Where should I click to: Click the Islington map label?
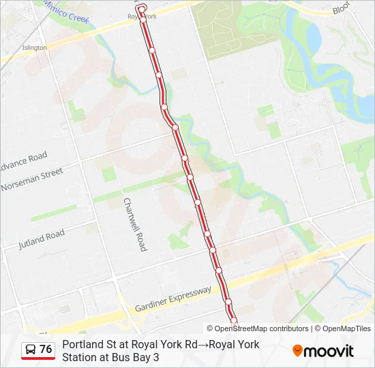(x=35, y=48)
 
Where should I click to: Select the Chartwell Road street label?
(x=134, y=224)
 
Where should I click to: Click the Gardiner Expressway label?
(x=174, y=298)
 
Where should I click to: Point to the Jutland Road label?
(x=42, y=239)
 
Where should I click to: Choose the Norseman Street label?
(x=31, y=180)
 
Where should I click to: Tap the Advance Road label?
(x=23, y=161)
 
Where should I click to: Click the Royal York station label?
(x=142, y=15)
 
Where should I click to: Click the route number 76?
(x=46, y=350)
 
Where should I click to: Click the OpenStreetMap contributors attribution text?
(x=257, y=328)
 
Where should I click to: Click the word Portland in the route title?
(x=82, y=345)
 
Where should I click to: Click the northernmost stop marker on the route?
(x=143, y=20)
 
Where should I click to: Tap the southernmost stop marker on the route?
(x=234, y=320)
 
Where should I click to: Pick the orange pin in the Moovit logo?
(x=297, y=351)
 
